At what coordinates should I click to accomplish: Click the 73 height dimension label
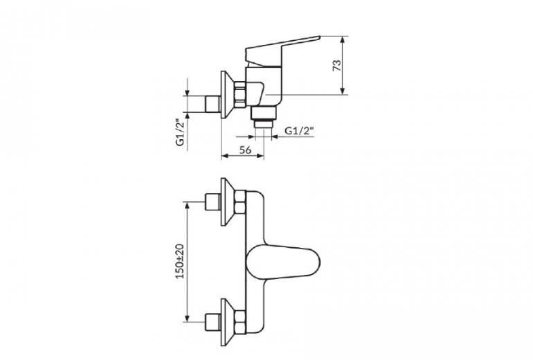(x=336, y=65)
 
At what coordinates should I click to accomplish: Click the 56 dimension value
(x=245, y=150)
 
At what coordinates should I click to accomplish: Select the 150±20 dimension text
(x=180, y=262)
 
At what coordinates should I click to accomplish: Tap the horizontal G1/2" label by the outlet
(x=299, y=131)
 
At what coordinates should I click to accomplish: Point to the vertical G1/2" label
(x=180, y=132)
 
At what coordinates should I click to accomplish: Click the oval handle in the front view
(x=283, y=262)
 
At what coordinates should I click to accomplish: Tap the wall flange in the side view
(x=227, y=95)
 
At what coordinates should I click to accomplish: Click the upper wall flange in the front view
(x=227, y=201)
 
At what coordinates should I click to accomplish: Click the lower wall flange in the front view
(x=227, y=322)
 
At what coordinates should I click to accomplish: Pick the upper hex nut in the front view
(x=240, y=202)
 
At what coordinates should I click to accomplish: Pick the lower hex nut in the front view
(x=240, y=322)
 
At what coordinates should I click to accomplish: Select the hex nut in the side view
(x=240, y=95)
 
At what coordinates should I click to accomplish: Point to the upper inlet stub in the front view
(x=213, y=202)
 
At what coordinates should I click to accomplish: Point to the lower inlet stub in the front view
(x=213, y=322)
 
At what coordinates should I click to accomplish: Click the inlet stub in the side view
(x=213, y=104)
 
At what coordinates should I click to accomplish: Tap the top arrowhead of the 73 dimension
(x=343, y=39)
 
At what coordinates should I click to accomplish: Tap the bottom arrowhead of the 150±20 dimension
(x=187, y=318)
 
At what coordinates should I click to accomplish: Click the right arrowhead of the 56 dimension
(x=260, y=156)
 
